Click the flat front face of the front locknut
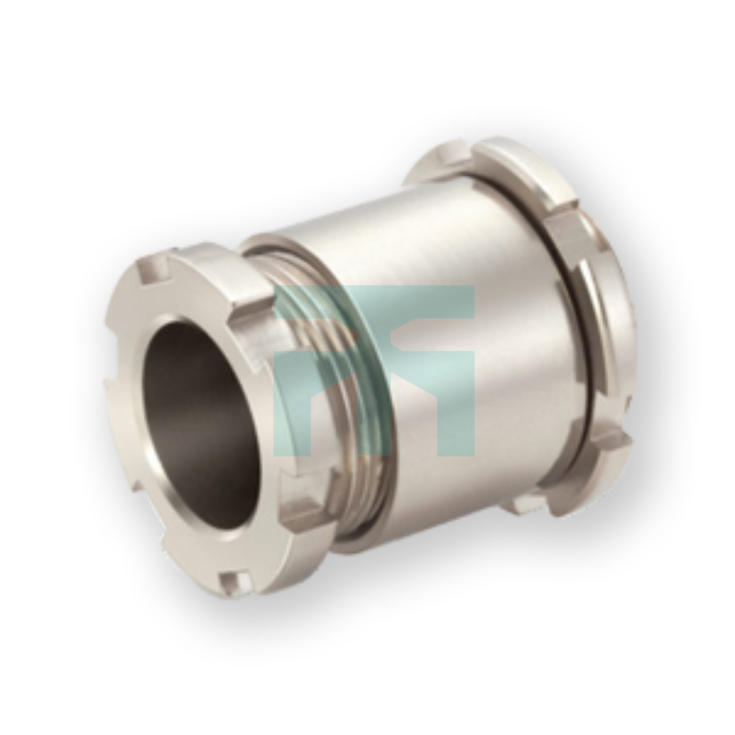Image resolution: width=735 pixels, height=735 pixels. click(x=140, y=478)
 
